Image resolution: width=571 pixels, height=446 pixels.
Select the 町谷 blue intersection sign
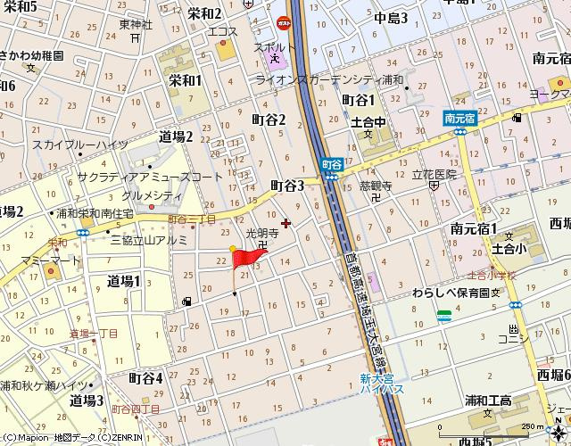[332, 164]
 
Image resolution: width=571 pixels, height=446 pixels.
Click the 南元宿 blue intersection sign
[459, 117]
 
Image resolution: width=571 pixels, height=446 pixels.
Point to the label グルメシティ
[152, 195]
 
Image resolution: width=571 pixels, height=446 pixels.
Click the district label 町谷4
[146, 377]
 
